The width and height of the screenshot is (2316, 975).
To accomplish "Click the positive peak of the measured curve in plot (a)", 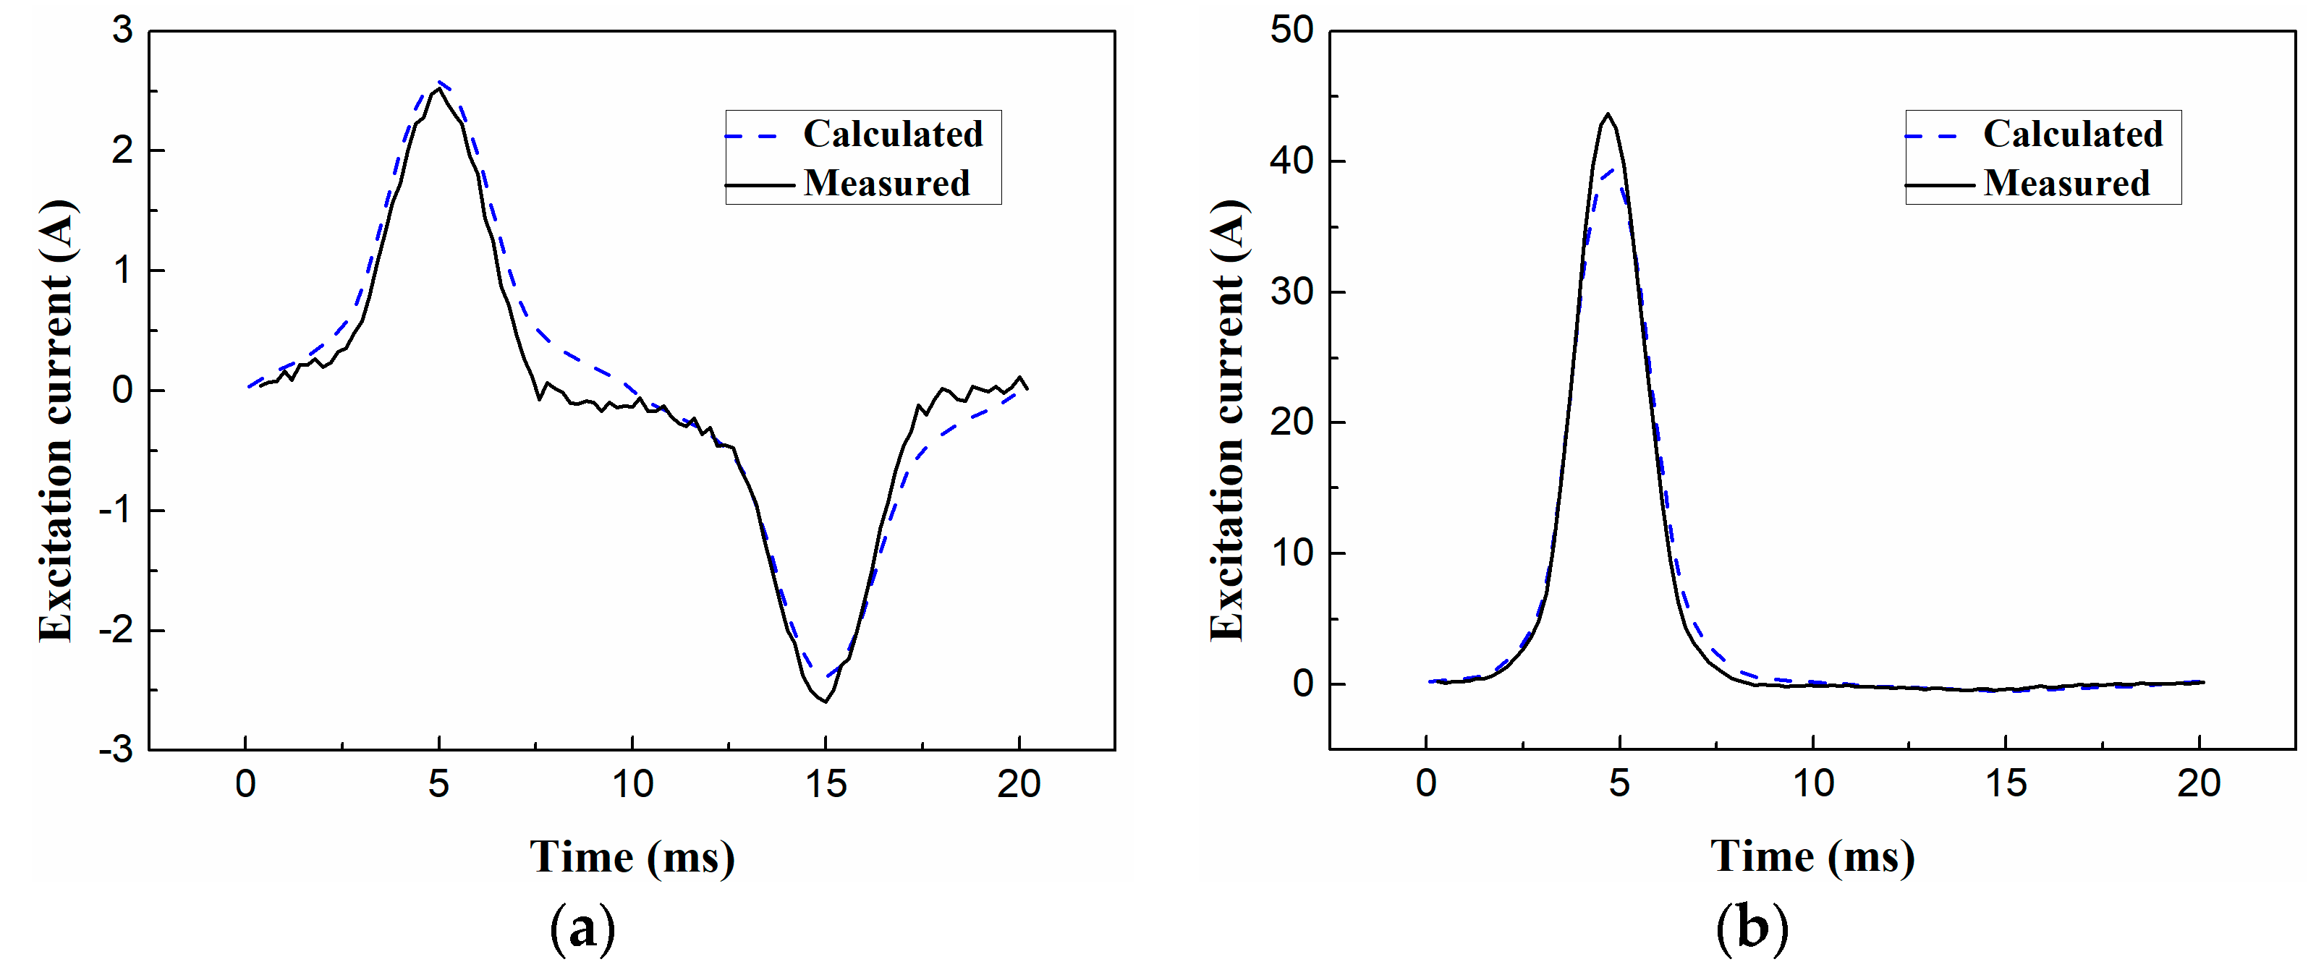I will (x=438, y=90).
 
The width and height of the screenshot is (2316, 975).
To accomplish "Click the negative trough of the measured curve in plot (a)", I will (x=824, y=701).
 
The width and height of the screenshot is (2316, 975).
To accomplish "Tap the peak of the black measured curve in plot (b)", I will (x=1608, y=115).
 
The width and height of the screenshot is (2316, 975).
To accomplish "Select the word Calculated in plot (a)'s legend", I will (x=892, y=134).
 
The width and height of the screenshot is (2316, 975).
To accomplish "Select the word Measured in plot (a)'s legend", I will (x=886, y=183).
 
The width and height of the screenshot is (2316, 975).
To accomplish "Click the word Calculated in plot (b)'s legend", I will (x=2072, y=134).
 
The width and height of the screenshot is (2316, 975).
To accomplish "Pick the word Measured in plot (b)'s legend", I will (x=2066, y=183).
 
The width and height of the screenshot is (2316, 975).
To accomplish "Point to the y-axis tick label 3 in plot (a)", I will (x=122, y=30).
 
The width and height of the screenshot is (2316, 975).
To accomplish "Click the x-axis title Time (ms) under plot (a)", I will (x=632, y=856).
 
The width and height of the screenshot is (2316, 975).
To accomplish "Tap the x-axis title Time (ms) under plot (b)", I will (x=1812, y=856).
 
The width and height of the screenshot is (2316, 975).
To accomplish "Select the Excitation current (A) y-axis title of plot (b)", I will (x=1226, y=420).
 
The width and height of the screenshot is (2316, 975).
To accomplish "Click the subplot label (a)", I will (x=582, y=928).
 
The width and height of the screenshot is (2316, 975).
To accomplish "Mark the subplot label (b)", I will (x=1752, y=928).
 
